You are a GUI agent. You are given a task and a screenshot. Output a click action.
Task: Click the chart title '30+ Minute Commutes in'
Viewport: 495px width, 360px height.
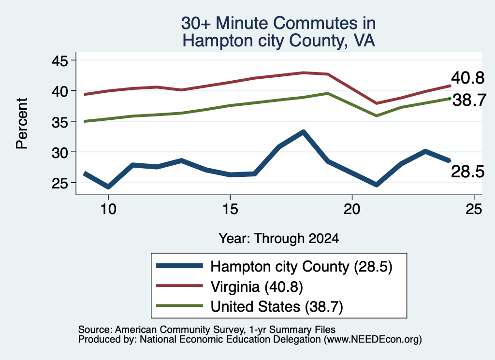coord(278,23)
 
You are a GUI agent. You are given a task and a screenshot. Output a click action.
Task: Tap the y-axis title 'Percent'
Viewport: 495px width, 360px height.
coord(22,123)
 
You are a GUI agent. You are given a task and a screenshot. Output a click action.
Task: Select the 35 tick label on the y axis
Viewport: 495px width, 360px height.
coord(59,122)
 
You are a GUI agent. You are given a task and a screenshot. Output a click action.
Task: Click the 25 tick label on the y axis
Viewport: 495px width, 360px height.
coord(59,183)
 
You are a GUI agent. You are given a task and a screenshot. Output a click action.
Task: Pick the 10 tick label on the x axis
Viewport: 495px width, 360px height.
coord(108,209)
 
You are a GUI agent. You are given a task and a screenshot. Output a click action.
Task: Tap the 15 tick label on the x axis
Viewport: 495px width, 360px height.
coord(230,209)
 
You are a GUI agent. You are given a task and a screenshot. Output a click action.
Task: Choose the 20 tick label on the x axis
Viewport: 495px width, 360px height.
coord(352,209)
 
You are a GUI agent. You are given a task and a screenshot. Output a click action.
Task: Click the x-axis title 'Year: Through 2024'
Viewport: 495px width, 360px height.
coord(279,239)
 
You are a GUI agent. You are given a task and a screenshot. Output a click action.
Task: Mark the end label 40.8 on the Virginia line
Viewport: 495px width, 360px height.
coord(467,78)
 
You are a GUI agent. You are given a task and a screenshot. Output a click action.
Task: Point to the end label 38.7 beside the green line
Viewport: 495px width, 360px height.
coord(469,101)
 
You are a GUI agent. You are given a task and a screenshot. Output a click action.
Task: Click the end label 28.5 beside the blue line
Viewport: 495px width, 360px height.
coord(467,172)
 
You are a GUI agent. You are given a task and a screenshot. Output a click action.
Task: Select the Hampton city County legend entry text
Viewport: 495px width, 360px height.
coord(302,267)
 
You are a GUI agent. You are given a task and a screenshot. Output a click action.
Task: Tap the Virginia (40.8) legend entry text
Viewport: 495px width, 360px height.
coord(257,287)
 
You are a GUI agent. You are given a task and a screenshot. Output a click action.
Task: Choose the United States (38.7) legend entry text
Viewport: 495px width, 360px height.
coord(277,307)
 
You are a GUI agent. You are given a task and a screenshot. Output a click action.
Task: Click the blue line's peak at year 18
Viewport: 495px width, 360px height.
coord(303,132)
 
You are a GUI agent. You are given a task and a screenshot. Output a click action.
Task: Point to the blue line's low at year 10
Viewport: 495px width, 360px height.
coord(108,187)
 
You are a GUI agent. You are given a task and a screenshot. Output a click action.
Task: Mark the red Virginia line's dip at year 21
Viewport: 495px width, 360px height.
coord(376,103)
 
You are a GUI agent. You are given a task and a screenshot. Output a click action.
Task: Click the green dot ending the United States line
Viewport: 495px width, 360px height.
coord(450,99)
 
